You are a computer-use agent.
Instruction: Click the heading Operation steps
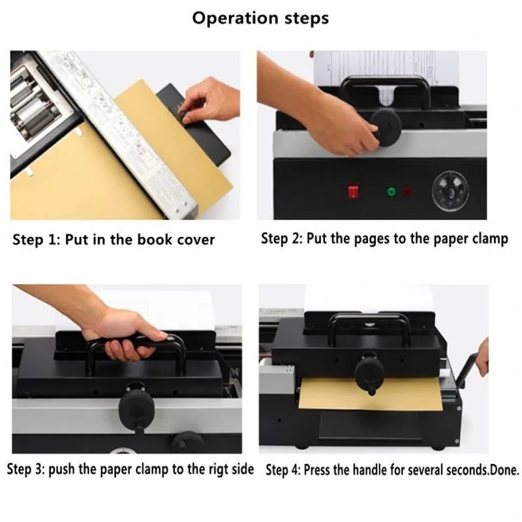click(260, 18)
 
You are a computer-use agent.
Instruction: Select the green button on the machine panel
click(391, 192)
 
